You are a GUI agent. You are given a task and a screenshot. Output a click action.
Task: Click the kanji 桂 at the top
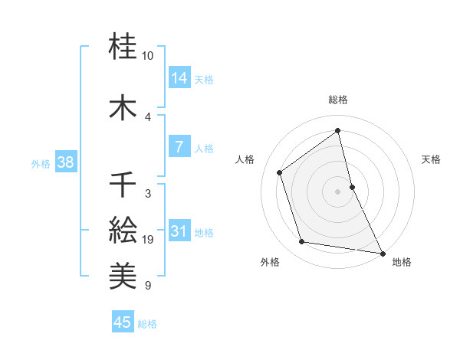point(123,47)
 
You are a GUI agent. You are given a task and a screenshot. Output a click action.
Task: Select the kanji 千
point(123,185)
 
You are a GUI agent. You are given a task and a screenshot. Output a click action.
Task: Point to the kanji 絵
point(123,227)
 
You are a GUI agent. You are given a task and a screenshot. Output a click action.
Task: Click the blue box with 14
point(179,78)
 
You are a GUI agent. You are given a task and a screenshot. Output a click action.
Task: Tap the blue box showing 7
point(179,147)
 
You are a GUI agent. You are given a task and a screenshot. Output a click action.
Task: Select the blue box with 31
point(179,231)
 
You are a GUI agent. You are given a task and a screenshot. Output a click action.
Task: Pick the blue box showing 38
point(65,162)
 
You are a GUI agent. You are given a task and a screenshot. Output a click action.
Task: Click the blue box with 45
point(123,322)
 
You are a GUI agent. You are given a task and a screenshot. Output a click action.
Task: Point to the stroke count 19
point(148,241)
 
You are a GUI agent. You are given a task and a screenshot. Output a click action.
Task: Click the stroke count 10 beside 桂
point(148,56)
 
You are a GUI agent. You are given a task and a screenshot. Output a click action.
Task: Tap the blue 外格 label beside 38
point(41,163)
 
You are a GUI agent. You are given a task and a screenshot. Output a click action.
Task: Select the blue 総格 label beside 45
point(147,324)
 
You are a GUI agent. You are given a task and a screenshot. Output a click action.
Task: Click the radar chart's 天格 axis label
point(432,159)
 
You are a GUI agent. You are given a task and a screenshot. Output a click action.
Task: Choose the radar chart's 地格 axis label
point(402,262)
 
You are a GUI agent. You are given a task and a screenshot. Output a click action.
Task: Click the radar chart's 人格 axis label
point(245,159)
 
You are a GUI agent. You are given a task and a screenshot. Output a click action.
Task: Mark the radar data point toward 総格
point(337,130)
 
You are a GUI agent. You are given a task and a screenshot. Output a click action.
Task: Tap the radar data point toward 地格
point(382,252)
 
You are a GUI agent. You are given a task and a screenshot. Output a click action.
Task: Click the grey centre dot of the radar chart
point(337,191)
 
